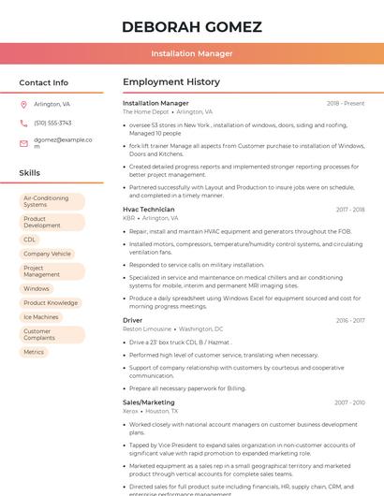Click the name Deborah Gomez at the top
point(191,26)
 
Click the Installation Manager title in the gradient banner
point(192,53)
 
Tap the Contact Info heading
point(43,82)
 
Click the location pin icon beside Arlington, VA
point(23,105)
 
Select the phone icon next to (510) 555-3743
point(23,123)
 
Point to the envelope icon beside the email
point(23,143)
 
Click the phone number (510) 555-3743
point(52,123)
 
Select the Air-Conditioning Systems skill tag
point(52,201)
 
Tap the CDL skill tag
point(30,240)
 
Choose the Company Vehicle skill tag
point(47,254)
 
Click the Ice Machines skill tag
point(41,317)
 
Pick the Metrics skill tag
point(34,352)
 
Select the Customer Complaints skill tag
point(41,334)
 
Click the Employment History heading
point(171,82)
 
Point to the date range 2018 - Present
point(346,103)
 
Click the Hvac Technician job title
point(149,210)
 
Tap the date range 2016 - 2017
point(350,321)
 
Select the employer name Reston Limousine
point(147,329)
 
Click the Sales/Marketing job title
point(149,402)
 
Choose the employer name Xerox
point(130,411)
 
